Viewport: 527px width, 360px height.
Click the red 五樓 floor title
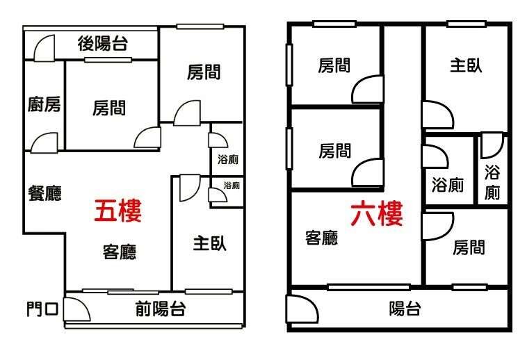pyautogui.click(x=118, y=211)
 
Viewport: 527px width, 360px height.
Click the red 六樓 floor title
pyautogui.click(x=377, y=213)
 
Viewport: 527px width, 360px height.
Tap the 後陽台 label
pyautogui.click(x=103, y=44)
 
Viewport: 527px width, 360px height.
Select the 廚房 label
pyautogui.click(x=44, y=104)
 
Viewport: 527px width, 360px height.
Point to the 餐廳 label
pyautogui.click(x=44, y=193)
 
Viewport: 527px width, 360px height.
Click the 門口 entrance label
pyautogui.click(x=42, y=309)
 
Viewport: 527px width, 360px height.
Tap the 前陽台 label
pyautogui.click(x=161, y=309)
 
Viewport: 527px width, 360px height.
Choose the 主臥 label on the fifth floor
pyautogui.click(x=210, y=243)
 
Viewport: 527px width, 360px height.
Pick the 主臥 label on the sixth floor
pyautogui.click(x=467, y=65)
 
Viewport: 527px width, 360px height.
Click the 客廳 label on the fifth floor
pyautogui.click(x=120, y=252)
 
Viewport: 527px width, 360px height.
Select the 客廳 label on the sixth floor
pyautogui.click(x=322, y=238)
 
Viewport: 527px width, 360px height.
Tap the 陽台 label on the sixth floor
pyautogui.click(x=405, y=309)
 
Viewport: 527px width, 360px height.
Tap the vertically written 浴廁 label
pyautogui.click(x=492, y=182)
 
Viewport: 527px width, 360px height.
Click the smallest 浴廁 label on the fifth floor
pyautogui.click(x=232, y=185)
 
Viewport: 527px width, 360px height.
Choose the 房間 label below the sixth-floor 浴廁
pyautogui.click(x=469, y=247)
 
